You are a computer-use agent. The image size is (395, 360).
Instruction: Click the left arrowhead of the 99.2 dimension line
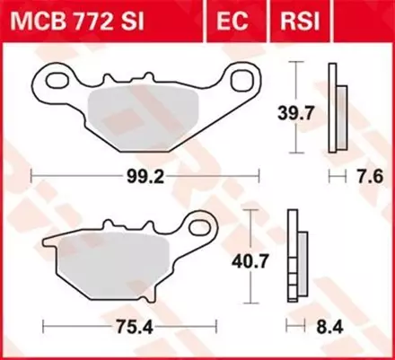(33, 177)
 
